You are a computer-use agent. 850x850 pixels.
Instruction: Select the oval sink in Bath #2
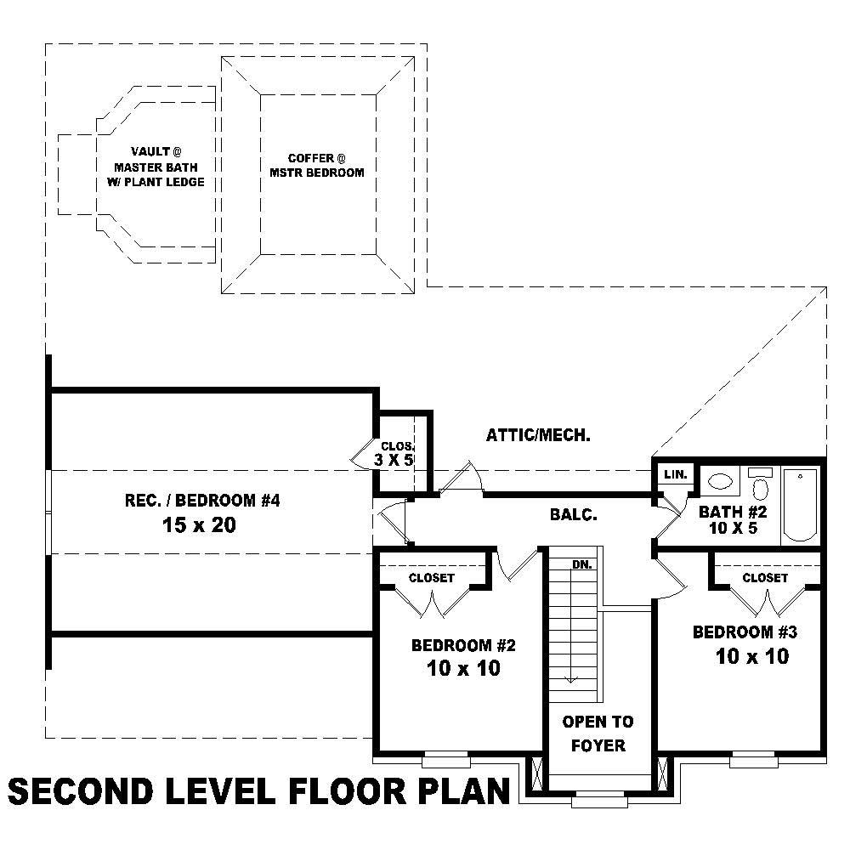[722, 481]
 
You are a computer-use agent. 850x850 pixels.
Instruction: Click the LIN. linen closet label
[675, 474]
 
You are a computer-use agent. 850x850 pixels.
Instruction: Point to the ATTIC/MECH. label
[538, 435]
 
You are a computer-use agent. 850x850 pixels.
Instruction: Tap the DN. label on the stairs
[581, 564]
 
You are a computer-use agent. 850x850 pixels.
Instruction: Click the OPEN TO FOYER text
[598, 734]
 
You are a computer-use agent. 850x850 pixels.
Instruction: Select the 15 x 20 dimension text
[198, 525]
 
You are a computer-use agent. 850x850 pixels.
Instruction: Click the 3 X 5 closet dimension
[394, 460]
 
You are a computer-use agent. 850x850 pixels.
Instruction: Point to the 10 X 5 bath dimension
[733, 529]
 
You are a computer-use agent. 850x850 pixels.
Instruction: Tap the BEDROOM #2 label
[463, 645]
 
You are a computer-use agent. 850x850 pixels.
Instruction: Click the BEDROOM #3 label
[745, 632]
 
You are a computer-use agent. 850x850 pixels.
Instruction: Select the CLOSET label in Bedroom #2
[432, 578]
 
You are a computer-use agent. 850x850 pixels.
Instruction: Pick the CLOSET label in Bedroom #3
[765, 578]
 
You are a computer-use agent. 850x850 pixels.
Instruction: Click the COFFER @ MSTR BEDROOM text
[316, 165]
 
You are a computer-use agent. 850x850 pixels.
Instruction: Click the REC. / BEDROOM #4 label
[202, 501]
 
